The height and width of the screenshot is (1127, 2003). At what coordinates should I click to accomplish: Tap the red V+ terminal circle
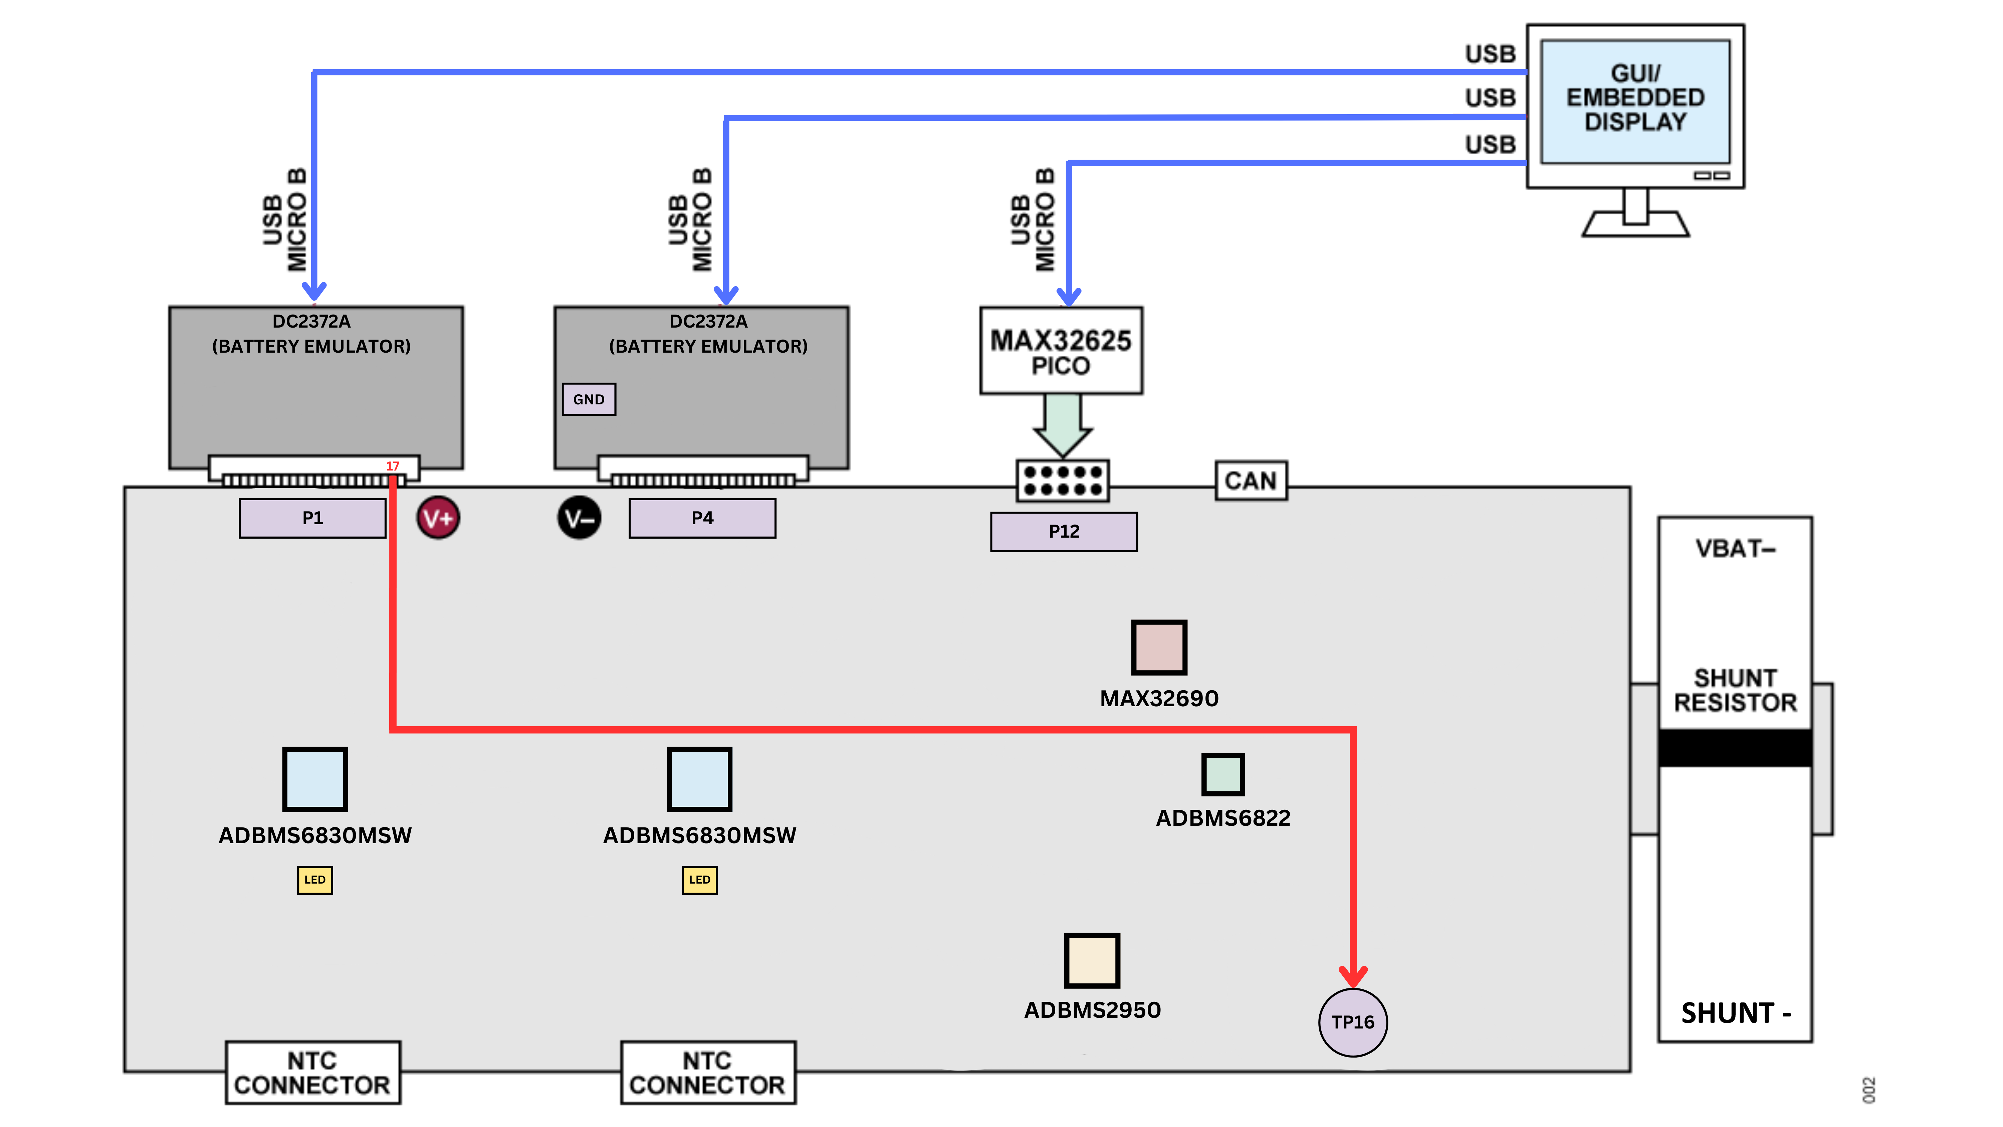point(438,518)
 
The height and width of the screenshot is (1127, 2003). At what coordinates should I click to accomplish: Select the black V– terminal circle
point(579,518)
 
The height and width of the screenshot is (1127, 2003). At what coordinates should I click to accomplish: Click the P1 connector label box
point(312,518)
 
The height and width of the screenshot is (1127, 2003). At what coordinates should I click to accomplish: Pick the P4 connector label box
point(702,518)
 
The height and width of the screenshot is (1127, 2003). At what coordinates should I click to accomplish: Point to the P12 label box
point(1064,531)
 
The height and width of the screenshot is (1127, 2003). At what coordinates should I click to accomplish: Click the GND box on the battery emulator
point(589,399)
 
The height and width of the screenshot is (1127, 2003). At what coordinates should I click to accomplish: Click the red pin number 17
point(393,466)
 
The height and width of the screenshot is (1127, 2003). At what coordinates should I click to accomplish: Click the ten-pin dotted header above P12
point(1062,481)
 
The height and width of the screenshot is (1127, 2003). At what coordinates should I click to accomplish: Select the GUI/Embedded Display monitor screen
point(1635,101)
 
